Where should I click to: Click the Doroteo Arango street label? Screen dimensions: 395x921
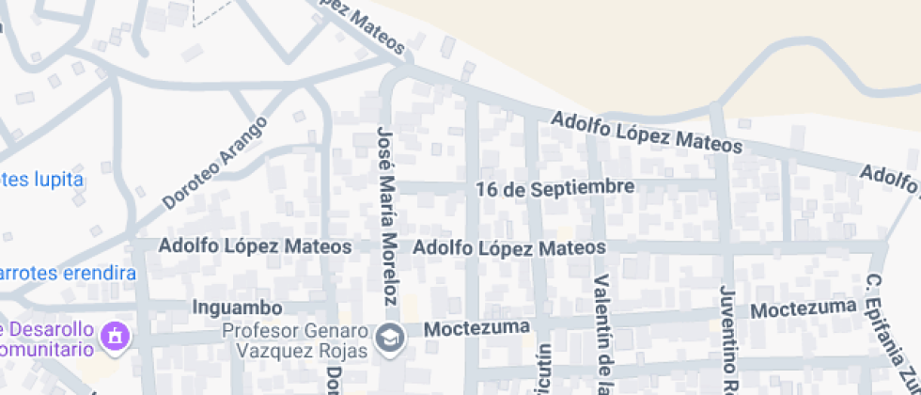215,162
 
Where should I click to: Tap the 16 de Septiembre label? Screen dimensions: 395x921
554,188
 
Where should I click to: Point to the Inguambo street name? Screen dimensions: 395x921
237,308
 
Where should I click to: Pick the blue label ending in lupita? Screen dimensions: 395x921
41,179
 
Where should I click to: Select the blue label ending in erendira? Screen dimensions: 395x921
68,274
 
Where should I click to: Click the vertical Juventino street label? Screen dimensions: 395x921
726,339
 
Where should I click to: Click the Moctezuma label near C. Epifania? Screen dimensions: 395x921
804,308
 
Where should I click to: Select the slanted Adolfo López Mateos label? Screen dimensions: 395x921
647,133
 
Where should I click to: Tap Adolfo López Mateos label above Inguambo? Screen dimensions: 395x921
256,246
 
